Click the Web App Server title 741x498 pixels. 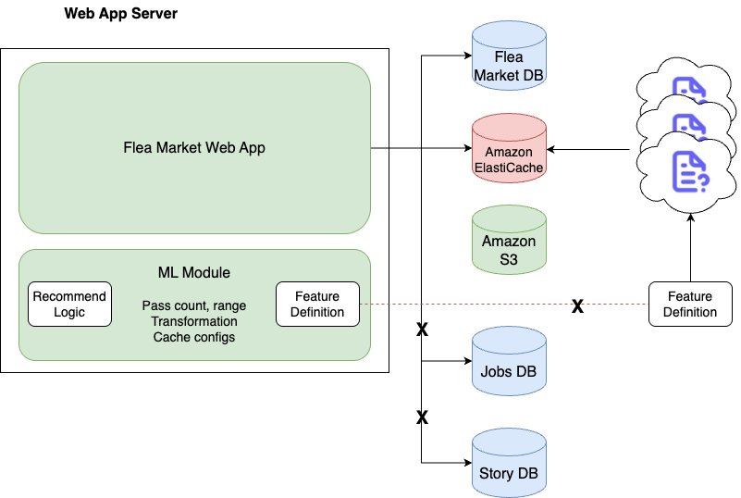click(121, 14)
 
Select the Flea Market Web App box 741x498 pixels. click(194, 147)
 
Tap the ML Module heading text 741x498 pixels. click(194, 273)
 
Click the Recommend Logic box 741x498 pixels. click(69, 304)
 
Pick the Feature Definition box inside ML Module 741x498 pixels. click(317, 304)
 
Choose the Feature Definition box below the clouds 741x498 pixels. click(689, 304)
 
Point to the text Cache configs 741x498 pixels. click(194, 337)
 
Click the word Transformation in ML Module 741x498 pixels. click(194, 321)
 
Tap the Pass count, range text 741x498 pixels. click(194, 305)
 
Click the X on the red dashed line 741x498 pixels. click(577, 305)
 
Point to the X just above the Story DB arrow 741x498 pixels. click(422, 418)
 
